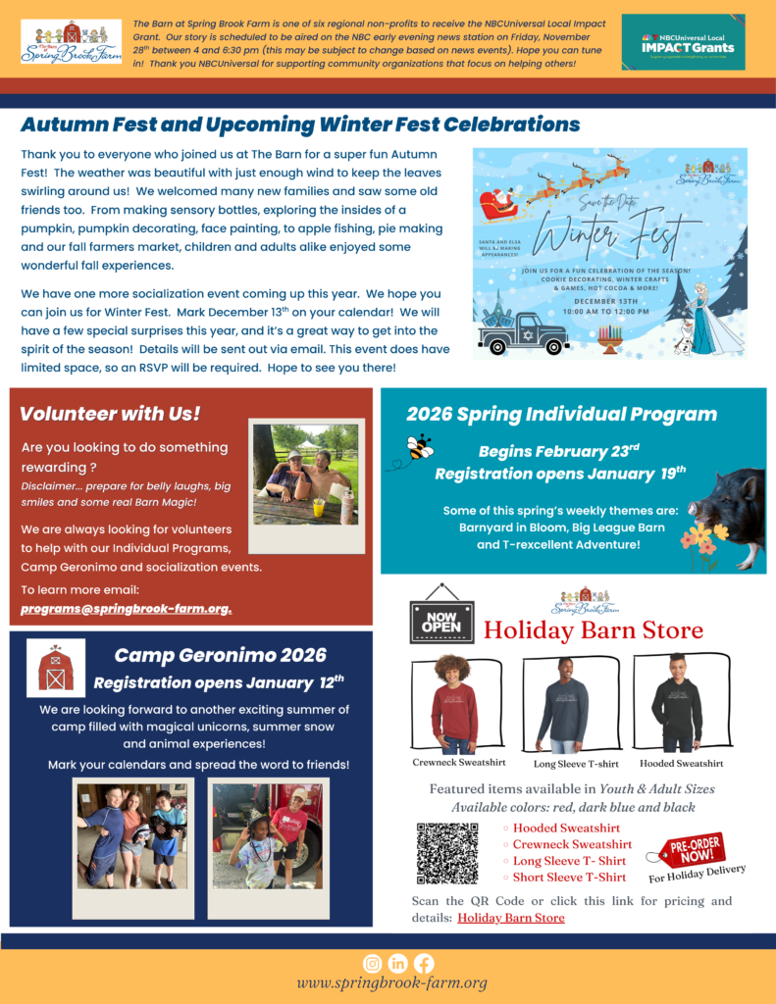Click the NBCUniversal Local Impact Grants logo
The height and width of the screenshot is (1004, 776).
(683, 43)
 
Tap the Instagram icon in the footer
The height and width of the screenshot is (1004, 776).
(373, 963)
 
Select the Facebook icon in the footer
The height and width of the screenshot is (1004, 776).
(424, 963)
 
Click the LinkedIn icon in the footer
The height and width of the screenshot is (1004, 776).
(398, 963)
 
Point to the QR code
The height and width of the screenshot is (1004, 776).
(446, 853)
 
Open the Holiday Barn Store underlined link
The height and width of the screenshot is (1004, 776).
(510, 918)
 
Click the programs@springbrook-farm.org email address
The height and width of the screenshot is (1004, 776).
(127, 609)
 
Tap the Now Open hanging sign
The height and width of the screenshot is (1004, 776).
(441, 617)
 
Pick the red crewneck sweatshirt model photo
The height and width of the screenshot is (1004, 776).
(454, 703)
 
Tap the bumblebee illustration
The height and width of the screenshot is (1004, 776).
(420, 447)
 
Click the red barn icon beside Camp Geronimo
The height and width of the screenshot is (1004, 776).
(56, 668)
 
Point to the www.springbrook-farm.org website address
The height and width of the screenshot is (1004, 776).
(391, 982)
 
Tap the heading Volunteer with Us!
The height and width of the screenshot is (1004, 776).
(110, 414)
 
